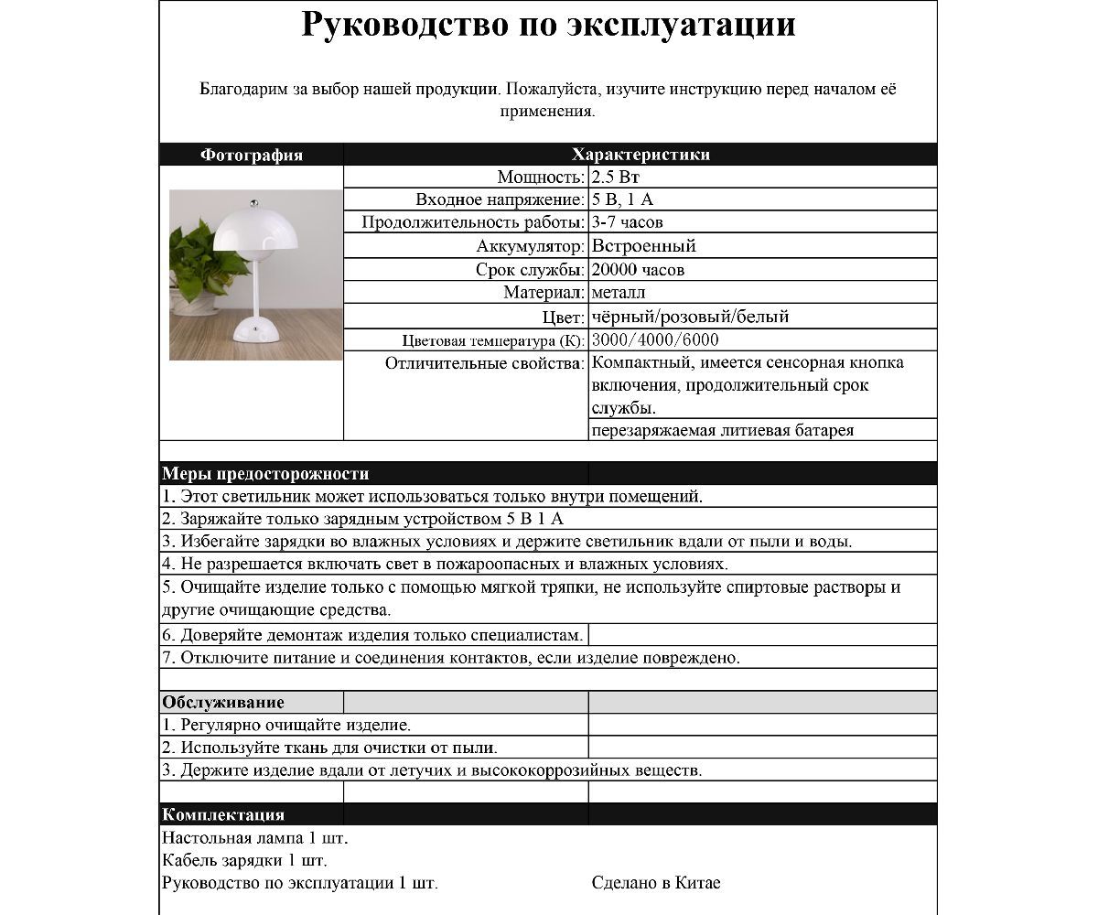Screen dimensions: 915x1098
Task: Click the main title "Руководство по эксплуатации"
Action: point(548,26)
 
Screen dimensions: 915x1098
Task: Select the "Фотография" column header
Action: point(252,155)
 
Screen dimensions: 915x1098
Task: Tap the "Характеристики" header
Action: point(640,155)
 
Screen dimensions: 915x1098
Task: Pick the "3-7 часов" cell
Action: point(628,222)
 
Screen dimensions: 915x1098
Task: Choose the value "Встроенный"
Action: point(644,245)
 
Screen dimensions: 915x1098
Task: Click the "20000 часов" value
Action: point(639,270)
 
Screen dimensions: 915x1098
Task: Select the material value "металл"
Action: point(619,293)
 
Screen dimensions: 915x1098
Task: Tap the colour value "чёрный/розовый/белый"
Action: point(691,317)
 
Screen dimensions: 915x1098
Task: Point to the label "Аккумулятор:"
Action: point(530,245)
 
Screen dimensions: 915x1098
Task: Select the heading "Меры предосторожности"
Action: point(265,474)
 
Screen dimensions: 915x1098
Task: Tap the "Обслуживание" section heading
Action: point(223,703)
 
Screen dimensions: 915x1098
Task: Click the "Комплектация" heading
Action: point(223,814)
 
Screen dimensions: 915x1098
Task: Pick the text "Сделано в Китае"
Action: point(656,883)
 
